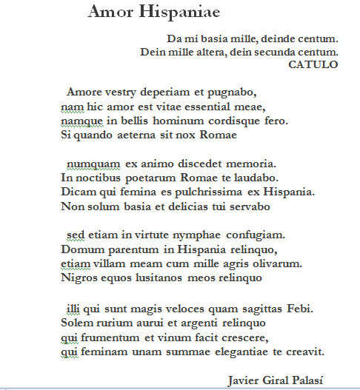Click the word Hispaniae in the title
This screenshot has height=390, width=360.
[x=178, y=13]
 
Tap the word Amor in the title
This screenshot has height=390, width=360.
[x=110, y=13]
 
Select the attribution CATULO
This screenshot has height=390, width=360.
[x=313, y=64]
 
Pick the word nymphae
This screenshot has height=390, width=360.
[x=197, y=235]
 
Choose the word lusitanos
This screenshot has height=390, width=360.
[x=158, y=278]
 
